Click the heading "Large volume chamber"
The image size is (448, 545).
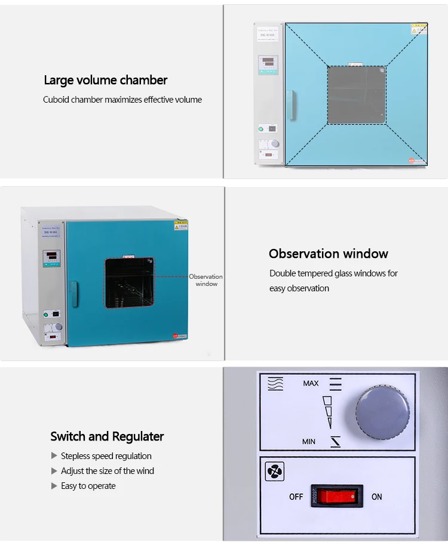105,80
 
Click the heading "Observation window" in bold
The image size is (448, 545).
328,254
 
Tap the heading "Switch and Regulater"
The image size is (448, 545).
107,436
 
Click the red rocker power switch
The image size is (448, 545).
336,496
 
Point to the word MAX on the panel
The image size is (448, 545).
311,383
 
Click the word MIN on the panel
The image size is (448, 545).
309,442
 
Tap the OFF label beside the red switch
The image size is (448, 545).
296,497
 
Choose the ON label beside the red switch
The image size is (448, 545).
377,497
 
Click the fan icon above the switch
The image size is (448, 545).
274,472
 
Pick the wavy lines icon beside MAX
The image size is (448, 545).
275,383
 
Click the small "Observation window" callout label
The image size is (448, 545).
206,280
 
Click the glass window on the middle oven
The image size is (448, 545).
130,283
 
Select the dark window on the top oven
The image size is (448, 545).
357,95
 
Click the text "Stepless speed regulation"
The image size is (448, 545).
106,456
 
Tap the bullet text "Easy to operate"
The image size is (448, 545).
88,486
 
